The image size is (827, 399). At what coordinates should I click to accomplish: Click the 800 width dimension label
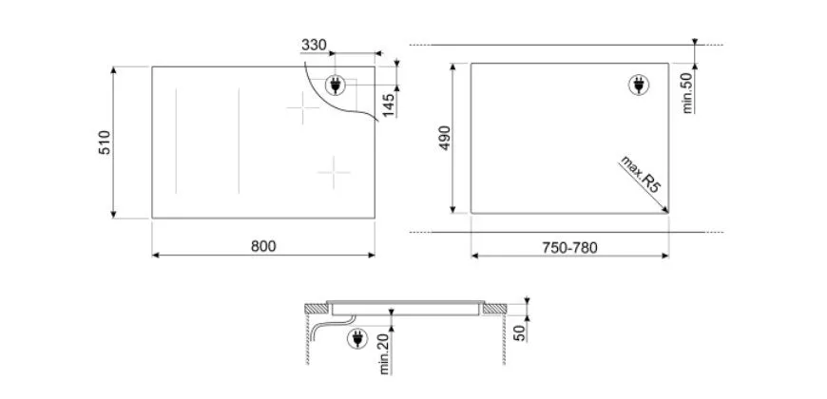tap(263, 246)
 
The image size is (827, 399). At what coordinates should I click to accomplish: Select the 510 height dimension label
tap(106, 142)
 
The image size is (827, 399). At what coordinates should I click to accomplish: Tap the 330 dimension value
tap(314, 46)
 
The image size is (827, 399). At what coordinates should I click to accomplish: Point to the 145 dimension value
tap(388, 105)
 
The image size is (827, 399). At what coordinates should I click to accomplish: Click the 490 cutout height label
tap(445, 138)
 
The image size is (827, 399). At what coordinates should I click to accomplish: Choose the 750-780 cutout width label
tap(569, 248)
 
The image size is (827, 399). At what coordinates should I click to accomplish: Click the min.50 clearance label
tap(688, 93)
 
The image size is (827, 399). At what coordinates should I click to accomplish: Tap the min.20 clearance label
tap(384, 354)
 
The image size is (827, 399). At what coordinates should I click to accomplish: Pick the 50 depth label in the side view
tap(520, 334)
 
